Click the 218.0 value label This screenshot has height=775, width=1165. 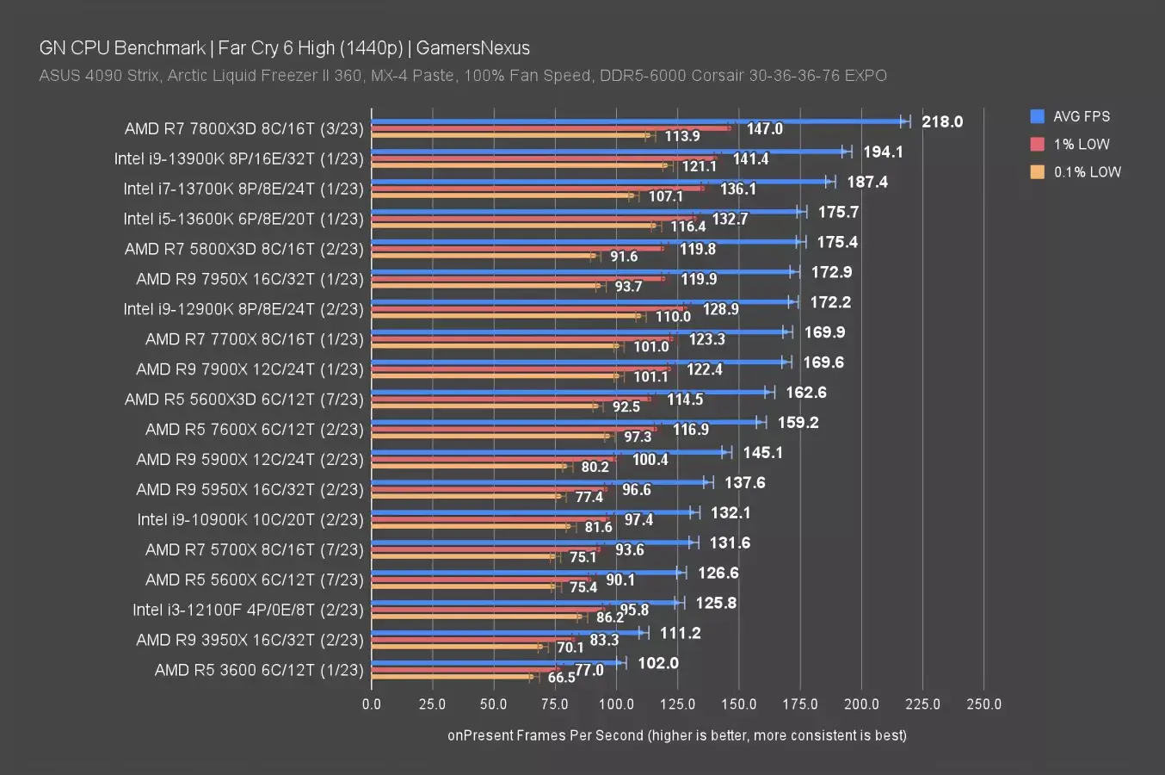pos(942,121)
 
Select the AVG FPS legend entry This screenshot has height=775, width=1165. pos(1081,116)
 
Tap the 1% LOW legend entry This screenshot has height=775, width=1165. pos(1081,144)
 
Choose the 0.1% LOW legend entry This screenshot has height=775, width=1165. pos(1087,171)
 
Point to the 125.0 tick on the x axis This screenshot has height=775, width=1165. pos(677,704)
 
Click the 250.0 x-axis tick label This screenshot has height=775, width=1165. pos(983,704)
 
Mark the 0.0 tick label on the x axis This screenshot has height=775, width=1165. pos(372,704)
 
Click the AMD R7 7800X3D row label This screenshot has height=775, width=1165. pos(243,128)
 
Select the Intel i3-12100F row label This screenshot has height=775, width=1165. pos(248,610)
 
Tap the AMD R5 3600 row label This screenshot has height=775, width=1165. pos(259,670)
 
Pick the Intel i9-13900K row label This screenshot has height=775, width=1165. pos(238,158)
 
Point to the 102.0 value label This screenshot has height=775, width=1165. pos(658,663)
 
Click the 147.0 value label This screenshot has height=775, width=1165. pos(764,128)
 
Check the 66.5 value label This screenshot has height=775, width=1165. pos(561,678)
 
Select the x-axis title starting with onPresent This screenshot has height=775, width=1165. pos(676,735)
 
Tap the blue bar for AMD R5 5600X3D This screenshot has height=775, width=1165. pos(568,392)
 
